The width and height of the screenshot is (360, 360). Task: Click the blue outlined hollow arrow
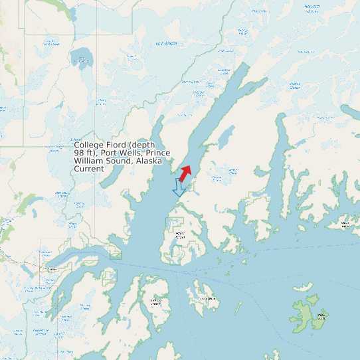point(179,187)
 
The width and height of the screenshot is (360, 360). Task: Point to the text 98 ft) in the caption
point(85,153)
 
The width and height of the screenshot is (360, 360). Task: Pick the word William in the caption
point(89,161)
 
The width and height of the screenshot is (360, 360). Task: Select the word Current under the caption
point(89,169)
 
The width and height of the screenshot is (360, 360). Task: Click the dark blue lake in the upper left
point(82,58)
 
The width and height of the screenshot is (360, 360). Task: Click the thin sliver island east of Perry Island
point(238,308)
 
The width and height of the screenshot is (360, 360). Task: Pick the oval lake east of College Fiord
point(226,136)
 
